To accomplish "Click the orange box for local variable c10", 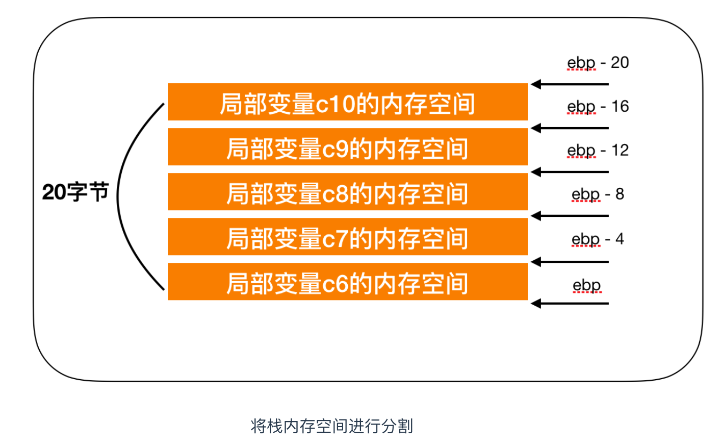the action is point(347,102).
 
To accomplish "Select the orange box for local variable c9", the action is point(347,147).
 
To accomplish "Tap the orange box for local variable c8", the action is point(347,192).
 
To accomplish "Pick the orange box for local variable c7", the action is point(347,237).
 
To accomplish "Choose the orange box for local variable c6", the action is point(347,282).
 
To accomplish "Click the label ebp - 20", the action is point(598,63).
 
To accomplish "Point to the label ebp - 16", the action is point(598,107).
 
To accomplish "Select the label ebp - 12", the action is point(598,151).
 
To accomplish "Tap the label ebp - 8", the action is point(598,194).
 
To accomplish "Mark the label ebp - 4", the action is point(598,239).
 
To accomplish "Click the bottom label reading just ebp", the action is point(587,285).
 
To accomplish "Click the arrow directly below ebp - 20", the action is point(570,84).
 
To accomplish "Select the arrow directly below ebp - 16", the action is point(570,128).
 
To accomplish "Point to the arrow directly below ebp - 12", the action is point(570,172).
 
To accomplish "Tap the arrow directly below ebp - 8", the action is point(570,216).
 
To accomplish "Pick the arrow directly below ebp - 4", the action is point(570,262).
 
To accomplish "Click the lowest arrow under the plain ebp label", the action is point(570,304).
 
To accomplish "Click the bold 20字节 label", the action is point(75,192).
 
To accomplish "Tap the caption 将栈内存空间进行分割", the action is point(331,426).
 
